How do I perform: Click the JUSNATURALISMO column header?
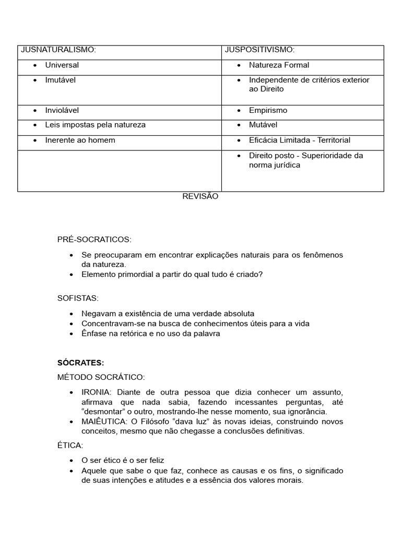click(58, 50)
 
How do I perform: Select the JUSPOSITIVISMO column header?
click(260, 50)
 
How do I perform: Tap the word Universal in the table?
click(62, 65)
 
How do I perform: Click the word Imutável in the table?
click(60, 80)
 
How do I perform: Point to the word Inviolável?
click(62, 110)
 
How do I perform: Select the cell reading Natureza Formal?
click(279, 65)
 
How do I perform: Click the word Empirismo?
click(268, 110)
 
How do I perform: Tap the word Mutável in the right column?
click(263, 125)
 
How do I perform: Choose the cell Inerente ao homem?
click(80, 140)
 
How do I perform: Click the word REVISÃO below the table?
click(200, 196)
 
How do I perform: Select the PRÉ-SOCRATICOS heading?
click(95, 239)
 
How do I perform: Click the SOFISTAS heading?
click(78, 298)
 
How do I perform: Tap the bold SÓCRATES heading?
click(81, 363)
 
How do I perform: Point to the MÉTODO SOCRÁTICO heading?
click(101, 377)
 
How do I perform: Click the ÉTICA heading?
click(70, 445)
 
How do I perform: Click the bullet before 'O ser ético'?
click(71, 460)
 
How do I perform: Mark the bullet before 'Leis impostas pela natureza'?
click(34, 125)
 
